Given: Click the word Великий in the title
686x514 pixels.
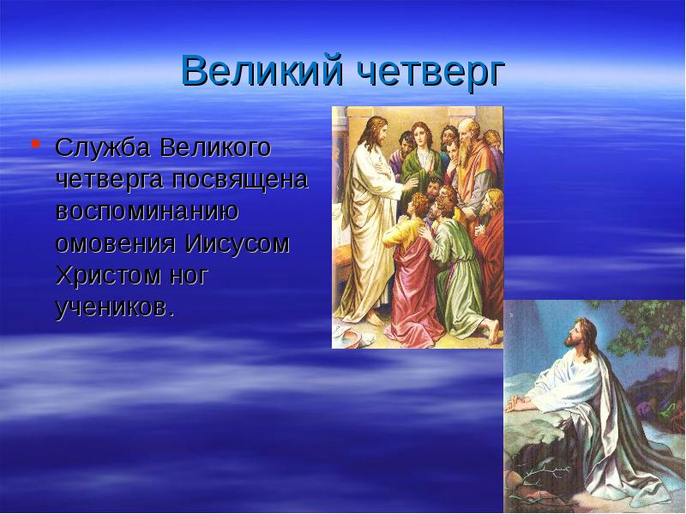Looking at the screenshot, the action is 262,70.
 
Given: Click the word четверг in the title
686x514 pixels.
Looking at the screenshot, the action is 430,72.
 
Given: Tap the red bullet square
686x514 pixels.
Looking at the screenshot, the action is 35,142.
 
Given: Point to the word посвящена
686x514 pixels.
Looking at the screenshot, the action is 240,181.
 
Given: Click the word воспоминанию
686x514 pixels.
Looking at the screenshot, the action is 147,212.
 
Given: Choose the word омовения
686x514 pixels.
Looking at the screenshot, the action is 115,244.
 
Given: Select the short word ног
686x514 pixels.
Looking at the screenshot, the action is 189,276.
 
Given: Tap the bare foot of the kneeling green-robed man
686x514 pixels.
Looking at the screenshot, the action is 492,331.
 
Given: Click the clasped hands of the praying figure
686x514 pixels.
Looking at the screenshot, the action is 516,403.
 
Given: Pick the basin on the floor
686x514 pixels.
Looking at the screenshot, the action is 355,338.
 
